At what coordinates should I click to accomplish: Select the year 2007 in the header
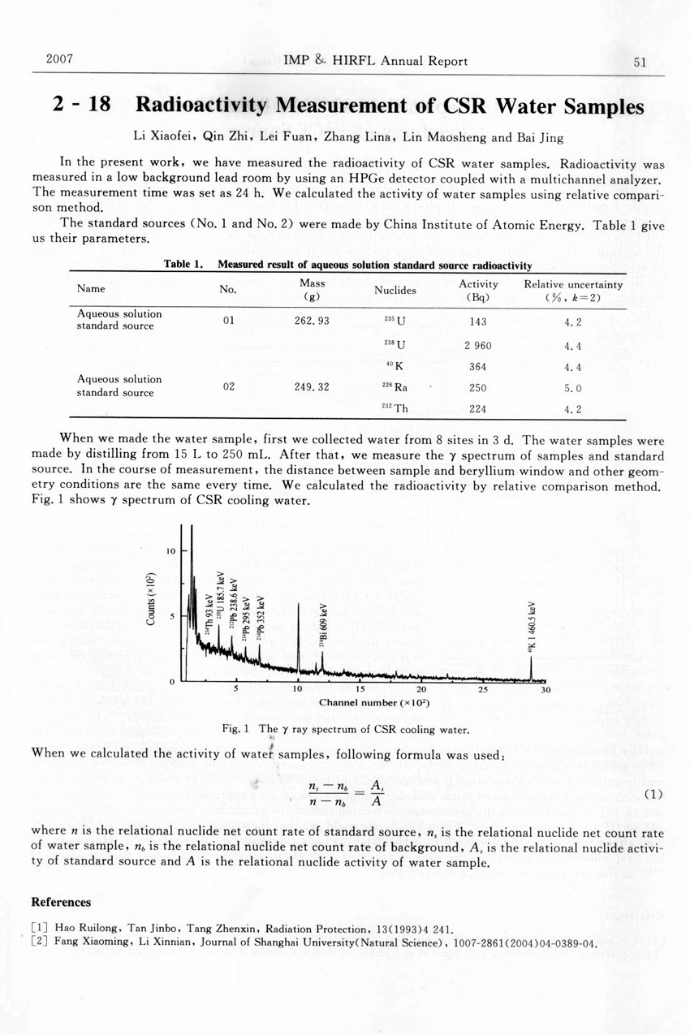(60, 60)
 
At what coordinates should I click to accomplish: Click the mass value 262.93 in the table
(312, 321)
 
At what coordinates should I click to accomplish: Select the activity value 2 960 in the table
(477, 345)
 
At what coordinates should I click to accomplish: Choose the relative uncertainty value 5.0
(573, 388)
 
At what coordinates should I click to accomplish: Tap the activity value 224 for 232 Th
(477, 409)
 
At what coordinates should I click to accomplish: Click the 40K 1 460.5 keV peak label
(533, 627)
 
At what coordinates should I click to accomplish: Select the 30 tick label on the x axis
(546, 691)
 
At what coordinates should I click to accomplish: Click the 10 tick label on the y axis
(171, 552)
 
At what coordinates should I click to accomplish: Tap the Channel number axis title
(374, 702)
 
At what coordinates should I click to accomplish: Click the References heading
(61, 902)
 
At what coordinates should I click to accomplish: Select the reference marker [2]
(39, 943)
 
